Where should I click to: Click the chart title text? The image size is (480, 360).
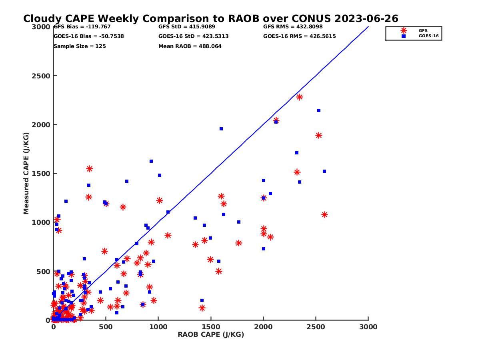(x=210, y=19)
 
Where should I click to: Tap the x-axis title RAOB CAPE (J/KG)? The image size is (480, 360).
(x=211, y=335)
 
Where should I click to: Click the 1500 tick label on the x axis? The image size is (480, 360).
(x=211, y=327)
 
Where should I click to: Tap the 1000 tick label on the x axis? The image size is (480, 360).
(x=158, y=327)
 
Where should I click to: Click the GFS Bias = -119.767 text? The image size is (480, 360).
(x=82, y=27)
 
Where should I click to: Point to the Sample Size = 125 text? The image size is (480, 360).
(x=80, y=46)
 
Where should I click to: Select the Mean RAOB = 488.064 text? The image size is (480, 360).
(x=190, y=46)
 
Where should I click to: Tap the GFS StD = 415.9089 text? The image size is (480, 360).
(x=187, y=27)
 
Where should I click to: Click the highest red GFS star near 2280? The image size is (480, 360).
(x=299, y=97)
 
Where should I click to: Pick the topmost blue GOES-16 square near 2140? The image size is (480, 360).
(x=319, y=110)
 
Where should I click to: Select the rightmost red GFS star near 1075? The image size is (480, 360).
(x=324, y=215)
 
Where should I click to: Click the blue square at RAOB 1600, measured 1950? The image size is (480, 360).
(x=221, y=129)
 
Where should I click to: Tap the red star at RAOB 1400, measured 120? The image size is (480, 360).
(x=202, y=308)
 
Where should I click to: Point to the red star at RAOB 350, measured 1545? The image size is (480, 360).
(x=90, y=169)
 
